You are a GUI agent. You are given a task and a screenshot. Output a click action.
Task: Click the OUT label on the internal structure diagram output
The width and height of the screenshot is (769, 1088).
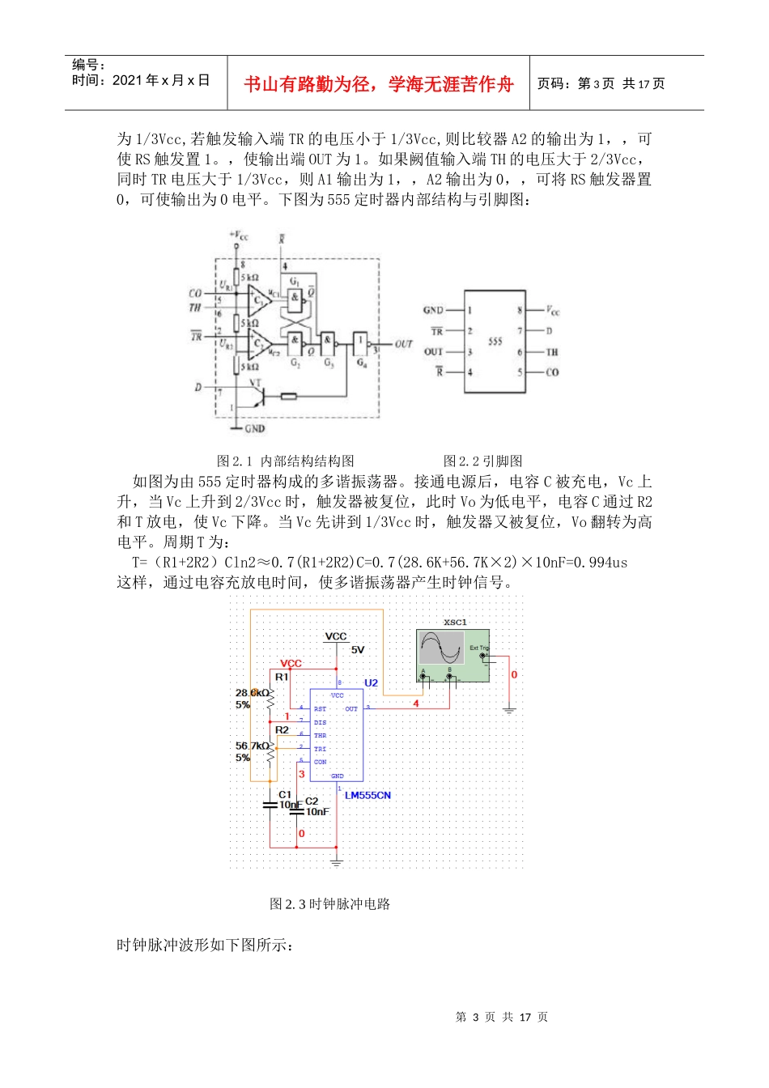(x=404, y=344)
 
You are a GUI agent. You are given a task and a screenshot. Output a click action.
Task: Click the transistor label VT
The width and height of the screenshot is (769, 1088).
(x=255, y=383)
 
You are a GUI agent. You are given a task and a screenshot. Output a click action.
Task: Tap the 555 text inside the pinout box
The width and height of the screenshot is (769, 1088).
(x=495, y=342)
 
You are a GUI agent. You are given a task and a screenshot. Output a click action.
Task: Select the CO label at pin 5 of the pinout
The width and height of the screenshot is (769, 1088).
(x=552, y=372)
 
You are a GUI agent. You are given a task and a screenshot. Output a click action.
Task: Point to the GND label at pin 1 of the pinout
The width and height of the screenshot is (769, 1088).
(x=433, y=310)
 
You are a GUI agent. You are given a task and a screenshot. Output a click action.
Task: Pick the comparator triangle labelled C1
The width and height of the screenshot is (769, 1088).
(x=259, y=300)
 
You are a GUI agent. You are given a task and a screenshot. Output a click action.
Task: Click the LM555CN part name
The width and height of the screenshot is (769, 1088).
(x=368, y=796)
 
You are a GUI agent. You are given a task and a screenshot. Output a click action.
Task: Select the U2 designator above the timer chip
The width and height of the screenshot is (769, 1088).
(x=371, y=683)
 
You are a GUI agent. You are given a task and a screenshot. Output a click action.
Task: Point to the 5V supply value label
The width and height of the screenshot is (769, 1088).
(x=357, y=650)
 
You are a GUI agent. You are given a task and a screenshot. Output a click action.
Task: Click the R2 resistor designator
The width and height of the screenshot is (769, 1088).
(x=282, y=730)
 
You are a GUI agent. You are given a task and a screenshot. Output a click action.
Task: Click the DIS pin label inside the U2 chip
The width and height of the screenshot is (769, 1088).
(x=321, y=722)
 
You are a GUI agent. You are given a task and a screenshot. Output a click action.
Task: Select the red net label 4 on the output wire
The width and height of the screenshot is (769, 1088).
(x=416, y=703)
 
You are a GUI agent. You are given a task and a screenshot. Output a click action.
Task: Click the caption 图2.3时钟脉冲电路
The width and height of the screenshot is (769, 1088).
(x=330, y=904)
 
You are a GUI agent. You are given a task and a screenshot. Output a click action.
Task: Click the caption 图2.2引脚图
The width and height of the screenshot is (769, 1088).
(x=482, y=461)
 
